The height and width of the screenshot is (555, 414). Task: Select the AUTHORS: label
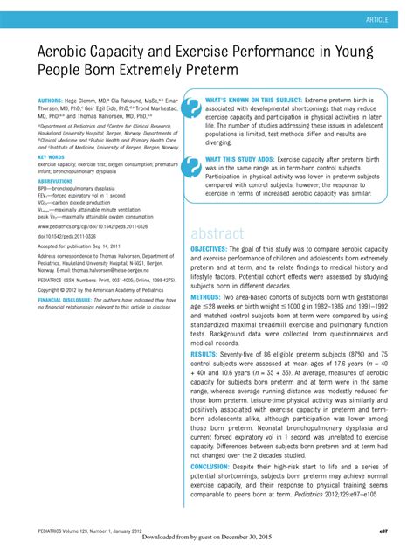click(50, 101)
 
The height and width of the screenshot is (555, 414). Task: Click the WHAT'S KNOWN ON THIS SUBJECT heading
click(252, 101)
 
